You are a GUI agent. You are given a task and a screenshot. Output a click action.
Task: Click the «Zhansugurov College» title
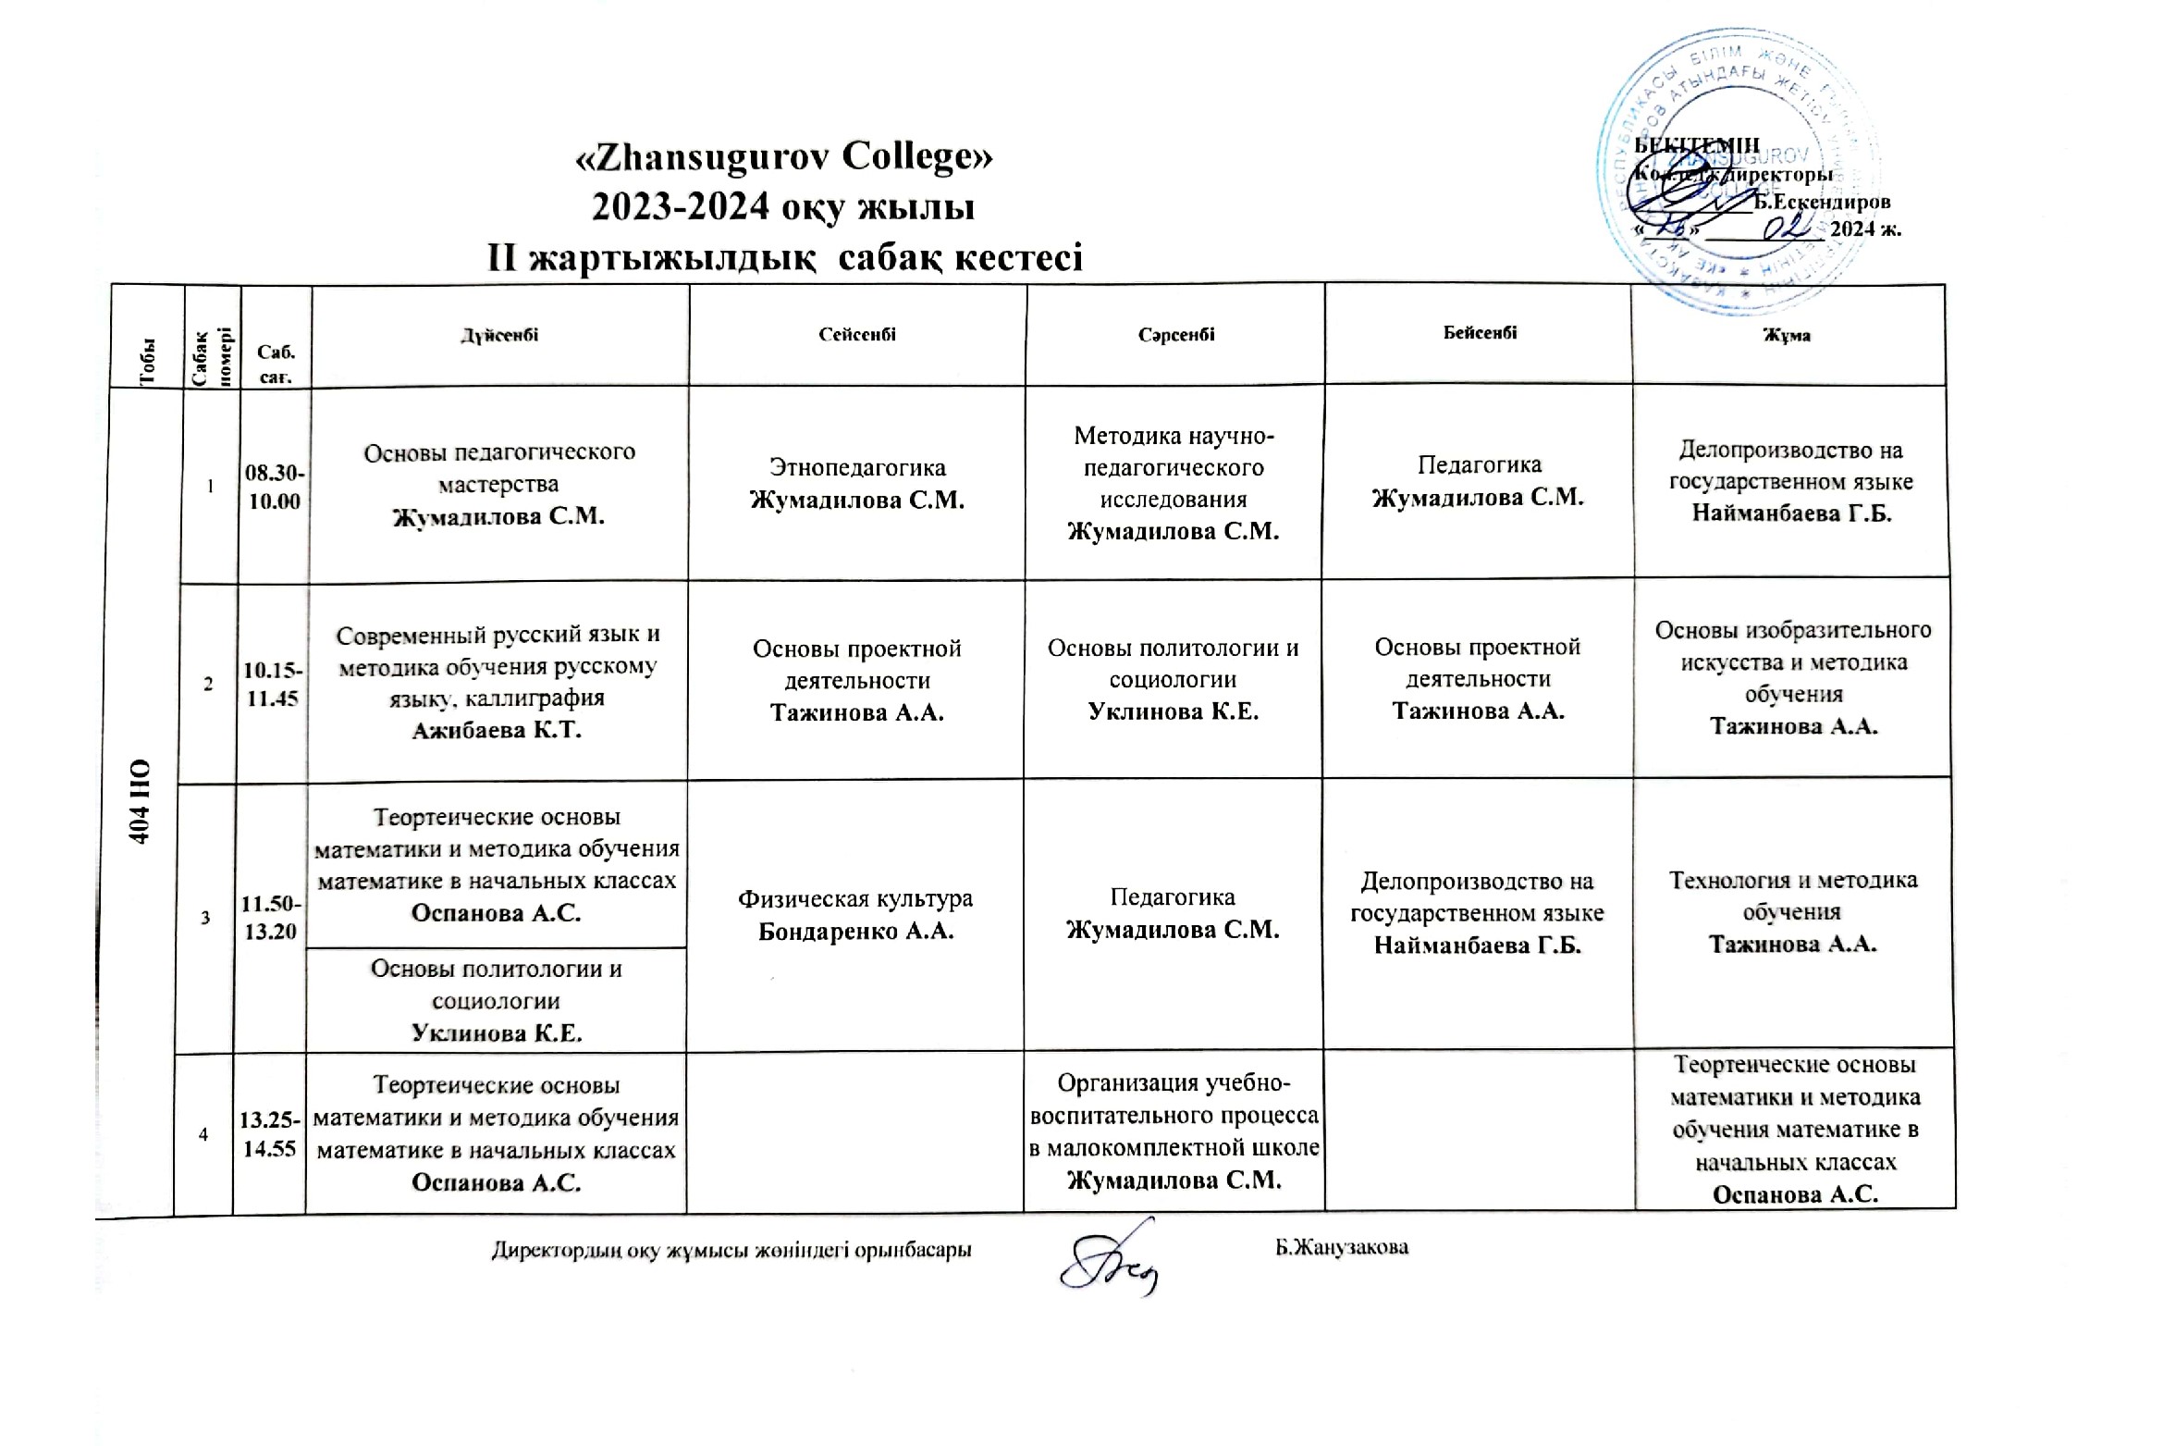[783, 156]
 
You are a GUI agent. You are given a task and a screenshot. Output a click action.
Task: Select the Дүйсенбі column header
[499, 335]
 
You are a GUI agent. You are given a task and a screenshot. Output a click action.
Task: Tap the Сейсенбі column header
[857, 335]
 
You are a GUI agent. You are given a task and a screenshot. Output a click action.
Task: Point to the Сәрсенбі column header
[1175, 335]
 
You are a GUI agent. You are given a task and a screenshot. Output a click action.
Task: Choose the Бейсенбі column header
[1480, 333]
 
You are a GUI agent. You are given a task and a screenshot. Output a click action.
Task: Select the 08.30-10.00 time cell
[275, 487]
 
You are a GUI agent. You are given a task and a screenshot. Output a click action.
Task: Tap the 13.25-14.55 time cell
[269, 1134]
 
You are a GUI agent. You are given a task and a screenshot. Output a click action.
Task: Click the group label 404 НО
[141, 801]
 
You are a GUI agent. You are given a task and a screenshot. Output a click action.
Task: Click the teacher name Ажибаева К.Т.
[497, 730]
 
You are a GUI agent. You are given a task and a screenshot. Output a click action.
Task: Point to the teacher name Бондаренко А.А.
[855, 932]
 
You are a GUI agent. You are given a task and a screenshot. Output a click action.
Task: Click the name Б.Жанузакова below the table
[1342, 1247]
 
